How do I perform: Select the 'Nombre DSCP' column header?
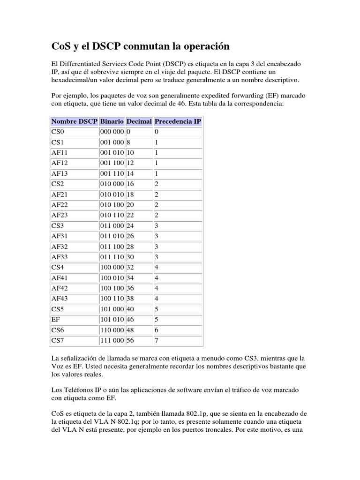(74, 121)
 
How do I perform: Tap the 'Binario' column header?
(112, 121)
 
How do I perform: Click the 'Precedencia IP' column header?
(178, 121)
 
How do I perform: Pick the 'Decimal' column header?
(139, 121)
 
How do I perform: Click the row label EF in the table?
(55, 320)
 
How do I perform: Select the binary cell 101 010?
(112, 320)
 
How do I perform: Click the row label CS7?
(57, 339)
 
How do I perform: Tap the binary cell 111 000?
(112, 339)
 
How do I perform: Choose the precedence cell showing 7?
(157, 339)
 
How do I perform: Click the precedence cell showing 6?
(157, 330)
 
